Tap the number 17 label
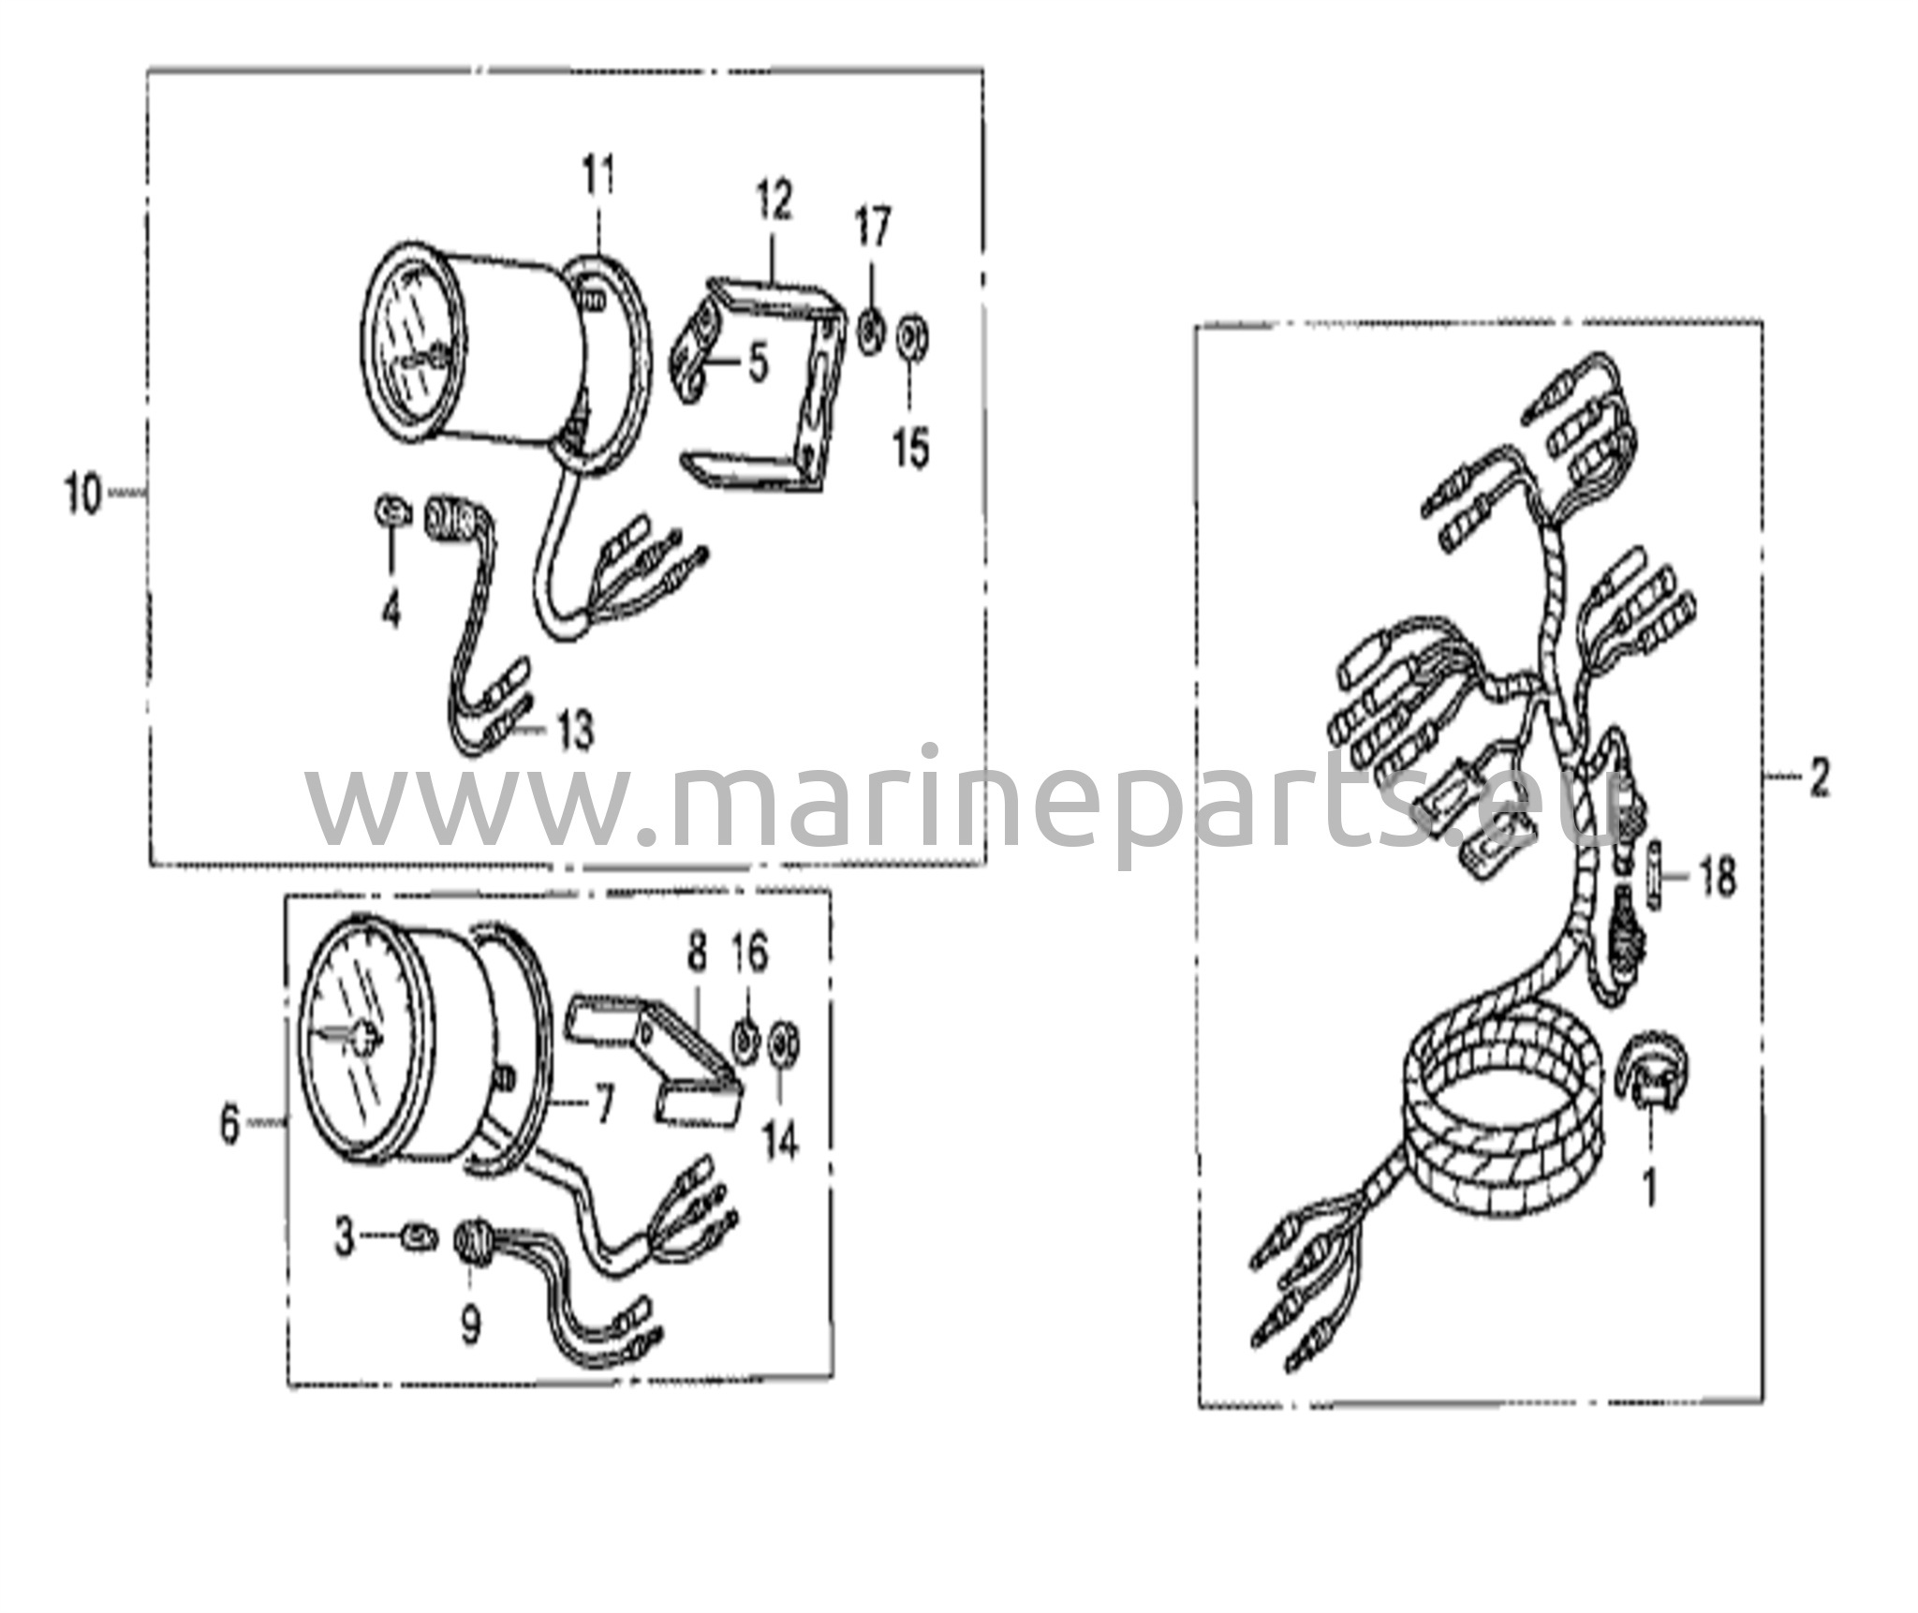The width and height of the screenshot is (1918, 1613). tap(872, 228)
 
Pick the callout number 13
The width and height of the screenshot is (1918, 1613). tap(575, 731)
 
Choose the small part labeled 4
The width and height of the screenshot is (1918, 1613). tap(393, 512)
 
